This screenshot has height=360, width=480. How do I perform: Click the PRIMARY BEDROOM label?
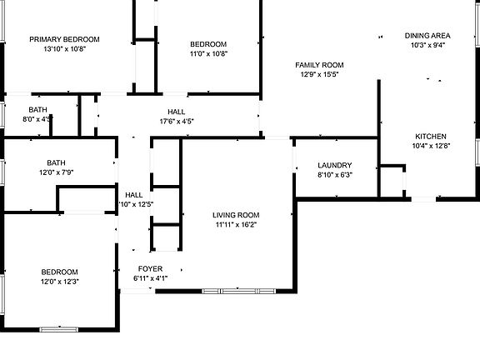point(64,39)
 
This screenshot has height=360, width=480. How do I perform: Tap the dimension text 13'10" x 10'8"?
point(64,48)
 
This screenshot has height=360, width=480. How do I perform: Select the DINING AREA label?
point(427,36)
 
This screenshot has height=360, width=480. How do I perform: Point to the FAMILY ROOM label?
point(319,65)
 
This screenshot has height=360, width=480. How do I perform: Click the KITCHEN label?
point(431,136)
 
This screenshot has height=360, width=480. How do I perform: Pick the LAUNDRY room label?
point(335,165)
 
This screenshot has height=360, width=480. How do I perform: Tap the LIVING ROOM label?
point(236,215)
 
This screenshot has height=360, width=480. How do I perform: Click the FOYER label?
point(150,269)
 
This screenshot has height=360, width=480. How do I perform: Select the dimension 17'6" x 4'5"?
point(177,121)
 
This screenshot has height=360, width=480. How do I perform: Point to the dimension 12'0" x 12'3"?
point(60,282)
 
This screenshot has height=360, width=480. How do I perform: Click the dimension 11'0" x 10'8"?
point(208,54)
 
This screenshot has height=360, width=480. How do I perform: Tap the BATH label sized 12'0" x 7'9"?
point(56,162)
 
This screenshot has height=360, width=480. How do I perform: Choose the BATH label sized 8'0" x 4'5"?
point(38,110)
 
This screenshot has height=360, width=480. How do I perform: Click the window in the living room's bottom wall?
point(239,291)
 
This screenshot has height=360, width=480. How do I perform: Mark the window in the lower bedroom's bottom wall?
point(59,329)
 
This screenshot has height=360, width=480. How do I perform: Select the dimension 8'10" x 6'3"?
point(335,175)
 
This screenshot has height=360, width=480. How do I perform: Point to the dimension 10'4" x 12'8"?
point(431,146)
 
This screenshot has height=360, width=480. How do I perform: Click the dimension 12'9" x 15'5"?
point(319,74)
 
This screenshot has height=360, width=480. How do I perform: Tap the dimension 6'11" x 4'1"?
point(150,278)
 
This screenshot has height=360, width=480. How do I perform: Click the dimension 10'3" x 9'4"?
point(427,45)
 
